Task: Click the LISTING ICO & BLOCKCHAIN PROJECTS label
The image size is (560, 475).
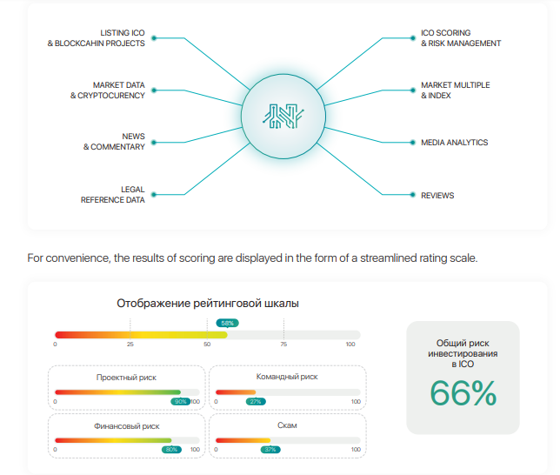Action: (97, 37)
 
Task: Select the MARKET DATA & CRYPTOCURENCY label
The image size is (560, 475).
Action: (108, 90)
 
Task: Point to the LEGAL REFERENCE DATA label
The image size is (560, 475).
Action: (113, 195)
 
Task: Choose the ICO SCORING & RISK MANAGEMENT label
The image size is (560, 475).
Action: (461, 37)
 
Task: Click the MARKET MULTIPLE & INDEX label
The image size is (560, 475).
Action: (455, 90)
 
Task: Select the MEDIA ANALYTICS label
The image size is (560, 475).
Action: (455, 142)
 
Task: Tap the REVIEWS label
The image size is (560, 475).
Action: (437, 196)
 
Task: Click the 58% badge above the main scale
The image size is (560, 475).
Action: (228, 323)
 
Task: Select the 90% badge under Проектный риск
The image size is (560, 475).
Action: (181, 401)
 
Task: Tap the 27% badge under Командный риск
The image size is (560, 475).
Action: (256, 401)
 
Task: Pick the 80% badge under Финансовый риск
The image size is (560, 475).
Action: (172, 449)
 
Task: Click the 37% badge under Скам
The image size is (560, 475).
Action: (270, 449)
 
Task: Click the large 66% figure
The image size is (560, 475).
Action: (463, 393)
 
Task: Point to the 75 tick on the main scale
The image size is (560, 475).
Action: (283, 345)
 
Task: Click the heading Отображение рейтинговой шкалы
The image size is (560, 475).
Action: (208, 304)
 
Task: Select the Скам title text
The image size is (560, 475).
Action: (287, 426)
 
